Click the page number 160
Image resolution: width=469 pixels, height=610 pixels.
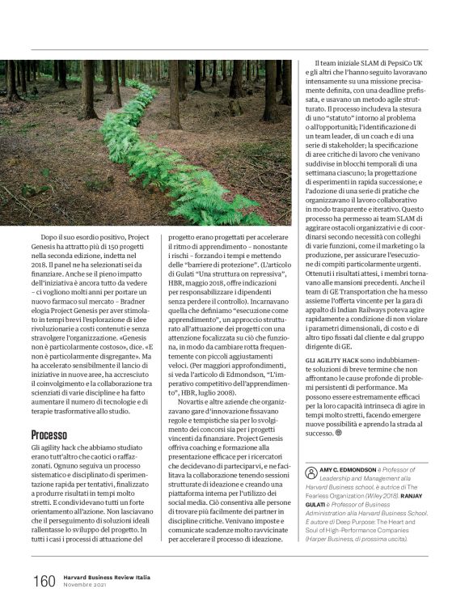[44, 581]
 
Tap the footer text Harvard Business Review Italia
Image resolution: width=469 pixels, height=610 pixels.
[110, 576]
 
